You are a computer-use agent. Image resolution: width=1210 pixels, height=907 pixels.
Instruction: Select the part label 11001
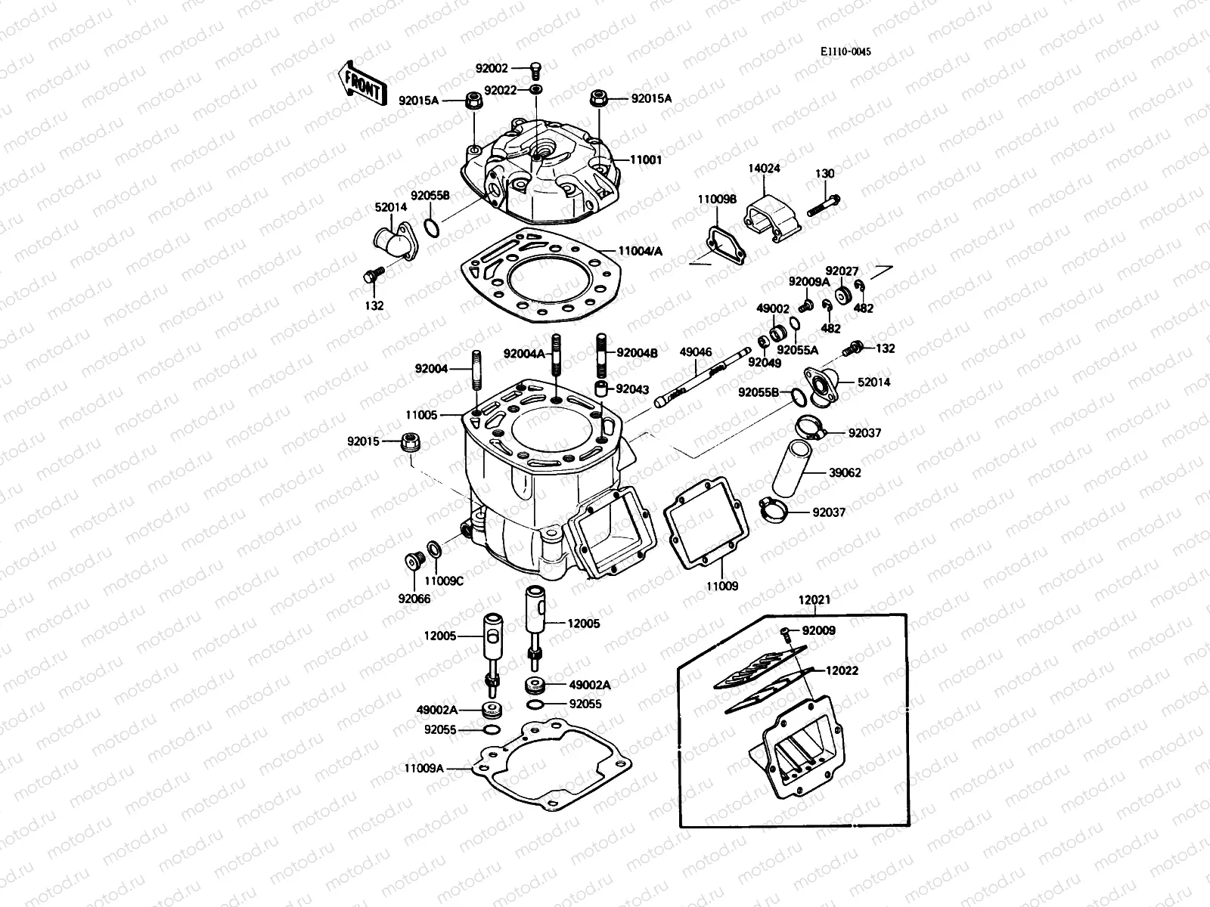pos(647,160)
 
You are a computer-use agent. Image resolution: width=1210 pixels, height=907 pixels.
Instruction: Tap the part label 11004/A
pos(640,251)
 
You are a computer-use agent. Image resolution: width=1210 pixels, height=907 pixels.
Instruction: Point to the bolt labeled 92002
pos(536,71)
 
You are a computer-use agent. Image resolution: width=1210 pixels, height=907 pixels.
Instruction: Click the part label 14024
pos(764,169)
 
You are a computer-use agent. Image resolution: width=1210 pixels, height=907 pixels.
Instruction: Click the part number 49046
pos(696,352)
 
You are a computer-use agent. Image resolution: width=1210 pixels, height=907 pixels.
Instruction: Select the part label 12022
pos(841,670)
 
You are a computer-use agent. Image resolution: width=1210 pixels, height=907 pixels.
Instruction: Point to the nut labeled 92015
pos(410,443)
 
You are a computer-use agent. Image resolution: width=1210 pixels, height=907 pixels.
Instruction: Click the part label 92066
pos(414,599)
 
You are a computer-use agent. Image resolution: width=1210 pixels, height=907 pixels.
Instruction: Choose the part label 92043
pos(632,389)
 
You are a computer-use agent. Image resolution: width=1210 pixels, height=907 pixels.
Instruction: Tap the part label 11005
pos(421,415)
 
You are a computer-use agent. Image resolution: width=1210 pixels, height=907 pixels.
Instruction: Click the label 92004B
pos(636,353)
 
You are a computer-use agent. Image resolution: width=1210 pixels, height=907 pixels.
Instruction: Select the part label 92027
pos(842,271)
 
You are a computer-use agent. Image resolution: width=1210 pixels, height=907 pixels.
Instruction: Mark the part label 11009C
pos(444,581)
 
